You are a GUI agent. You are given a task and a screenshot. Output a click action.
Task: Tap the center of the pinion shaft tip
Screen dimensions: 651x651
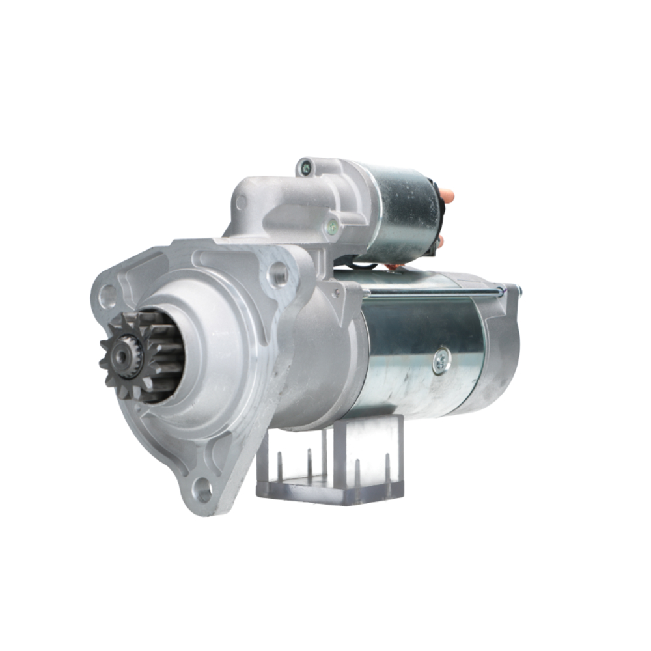point(122,354)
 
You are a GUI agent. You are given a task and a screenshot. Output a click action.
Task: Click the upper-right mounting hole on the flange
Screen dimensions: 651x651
point(279,273)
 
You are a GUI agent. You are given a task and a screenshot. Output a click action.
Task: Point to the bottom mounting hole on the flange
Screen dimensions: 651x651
point(203,490)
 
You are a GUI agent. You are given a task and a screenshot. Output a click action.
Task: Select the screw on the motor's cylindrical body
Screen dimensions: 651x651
point(441,360)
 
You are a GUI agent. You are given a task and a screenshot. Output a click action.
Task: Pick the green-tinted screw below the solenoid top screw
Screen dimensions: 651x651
point(333,227)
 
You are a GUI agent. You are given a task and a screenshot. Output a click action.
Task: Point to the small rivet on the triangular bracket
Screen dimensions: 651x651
point(336,294)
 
